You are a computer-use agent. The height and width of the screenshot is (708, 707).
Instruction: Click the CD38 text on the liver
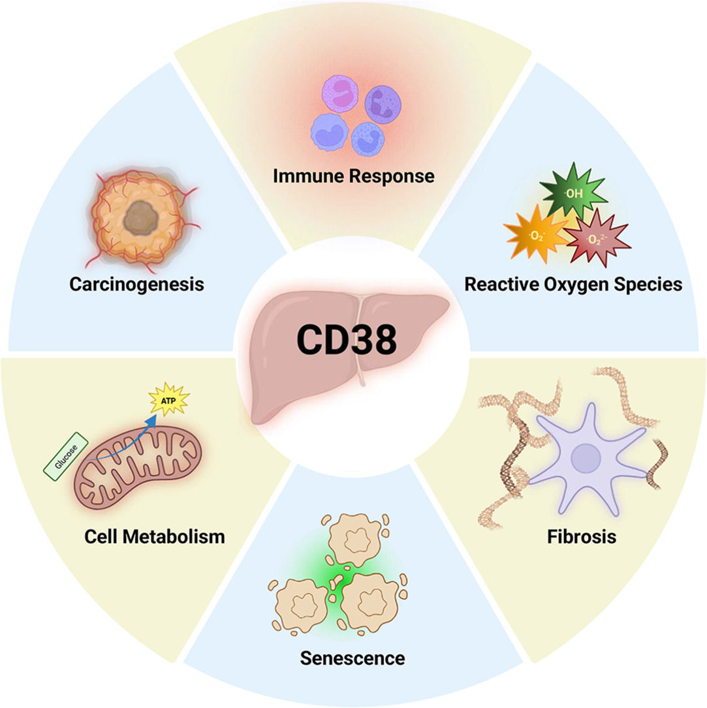[347, 339]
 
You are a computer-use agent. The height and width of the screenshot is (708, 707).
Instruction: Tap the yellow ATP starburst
[169, 399]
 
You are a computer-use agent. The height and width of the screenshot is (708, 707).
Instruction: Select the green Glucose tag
[66, 456]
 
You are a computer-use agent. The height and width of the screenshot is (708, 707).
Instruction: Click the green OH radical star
[573, 192]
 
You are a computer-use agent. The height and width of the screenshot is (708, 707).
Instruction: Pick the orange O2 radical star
[537, 235]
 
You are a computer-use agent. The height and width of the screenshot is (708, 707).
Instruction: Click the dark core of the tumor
[141, 218]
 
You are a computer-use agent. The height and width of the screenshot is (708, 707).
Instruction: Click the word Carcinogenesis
[136, 285]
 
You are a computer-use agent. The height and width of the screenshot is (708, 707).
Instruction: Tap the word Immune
[304, 176]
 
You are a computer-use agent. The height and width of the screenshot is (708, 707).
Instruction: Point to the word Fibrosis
[582, 536]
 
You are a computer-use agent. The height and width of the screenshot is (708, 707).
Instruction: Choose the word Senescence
[353, 658]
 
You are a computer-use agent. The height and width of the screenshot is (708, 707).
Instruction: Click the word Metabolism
[174, 536]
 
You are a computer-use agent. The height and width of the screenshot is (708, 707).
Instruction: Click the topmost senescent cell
[355, 539]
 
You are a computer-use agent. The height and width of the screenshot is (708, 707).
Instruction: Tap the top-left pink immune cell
[339, 93]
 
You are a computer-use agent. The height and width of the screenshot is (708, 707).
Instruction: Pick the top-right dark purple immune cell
[383, 104]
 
